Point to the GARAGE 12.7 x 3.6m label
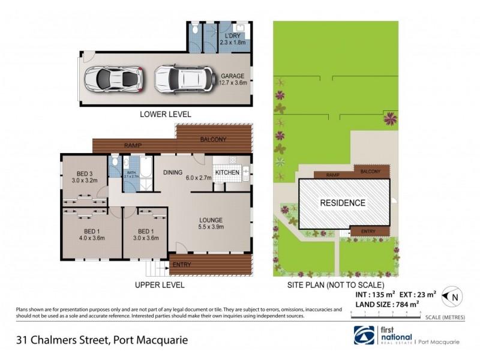(x=232, y=79)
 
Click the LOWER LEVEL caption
(x=165, y=113)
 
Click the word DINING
(x=173, y=173)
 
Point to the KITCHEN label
(x=227, y=173)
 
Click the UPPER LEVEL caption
(x=159, y=285)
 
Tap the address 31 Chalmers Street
(x=102, y=340)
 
